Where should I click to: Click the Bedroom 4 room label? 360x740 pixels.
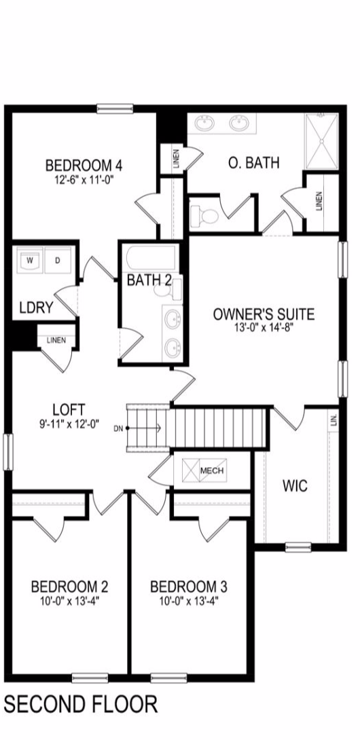pos(84,166)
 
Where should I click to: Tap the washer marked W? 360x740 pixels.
pos(31,260)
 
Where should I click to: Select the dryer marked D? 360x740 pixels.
pos(57,260)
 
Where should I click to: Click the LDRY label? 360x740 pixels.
pos(36,308)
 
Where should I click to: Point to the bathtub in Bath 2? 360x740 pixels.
pos(151,258)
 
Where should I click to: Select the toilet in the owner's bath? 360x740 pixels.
pos(204,215)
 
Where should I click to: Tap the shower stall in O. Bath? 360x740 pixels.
pos(322,141)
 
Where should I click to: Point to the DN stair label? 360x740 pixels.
pos(118,428)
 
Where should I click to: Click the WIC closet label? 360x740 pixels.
pos(295,485)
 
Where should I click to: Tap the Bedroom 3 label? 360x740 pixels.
pos(189,587)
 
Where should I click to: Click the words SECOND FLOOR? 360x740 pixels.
pos(81,703)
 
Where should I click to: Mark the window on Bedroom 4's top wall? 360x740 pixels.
pos(115,109)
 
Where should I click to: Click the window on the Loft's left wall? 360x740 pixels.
pos(7,452)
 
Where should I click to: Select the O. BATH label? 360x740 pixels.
pos(254,163)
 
